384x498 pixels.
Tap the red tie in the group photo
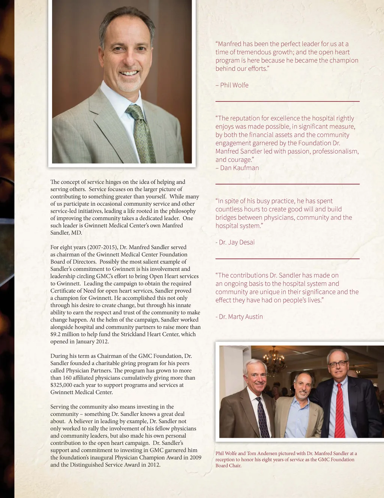(339, 412)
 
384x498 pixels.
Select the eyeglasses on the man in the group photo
(337, 364)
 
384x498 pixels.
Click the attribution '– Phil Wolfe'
(232, 85)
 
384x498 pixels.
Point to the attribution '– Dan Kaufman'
(237, 168)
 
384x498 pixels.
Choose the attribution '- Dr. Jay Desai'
(235, 242)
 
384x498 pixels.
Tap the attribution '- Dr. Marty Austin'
(239, 316)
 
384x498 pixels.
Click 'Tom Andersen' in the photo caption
(261, 453)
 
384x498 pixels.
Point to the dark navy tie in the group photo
(262, 417)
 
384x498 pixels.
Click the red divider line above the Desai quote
(287, 184)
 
